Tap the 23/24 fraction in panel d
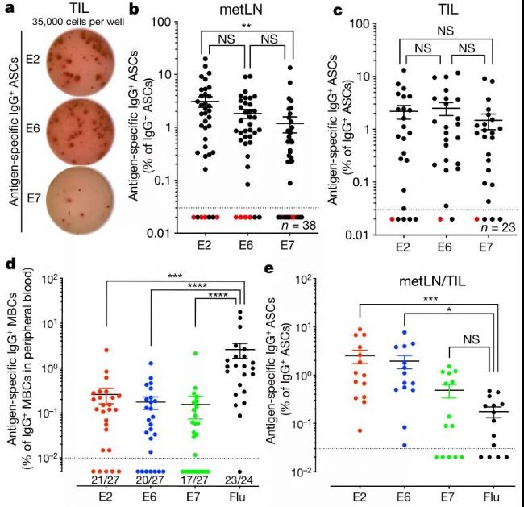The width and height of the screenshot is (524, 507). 240,479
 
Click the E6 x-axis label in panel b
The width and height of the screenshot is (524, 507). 244,247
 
